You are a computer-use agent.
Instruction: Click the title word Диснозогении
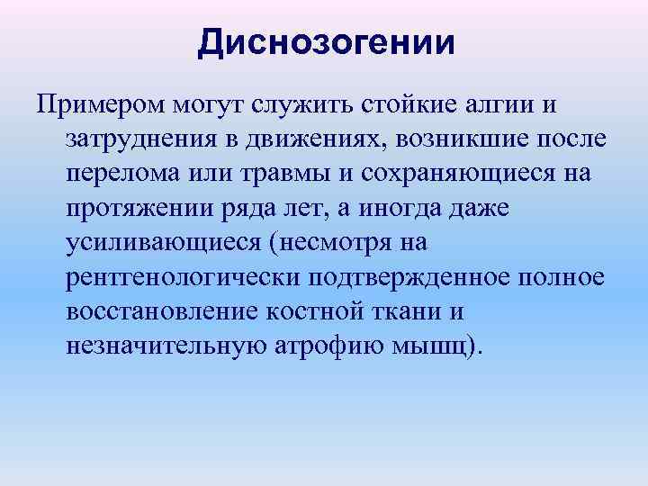326,42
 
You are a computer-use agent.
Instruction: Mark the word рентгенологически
175,275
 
